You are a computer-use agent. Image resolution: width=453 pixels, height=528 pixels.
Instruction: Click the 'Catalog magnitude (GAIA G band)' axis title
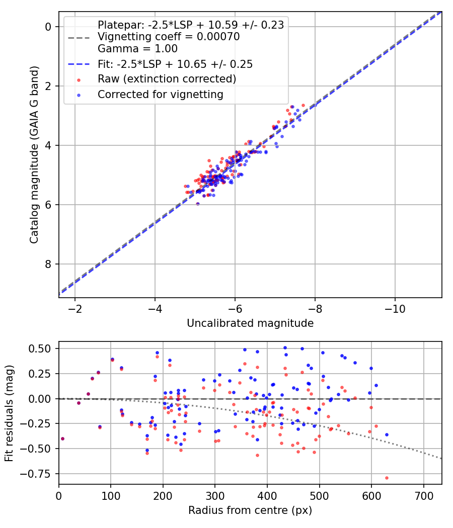click(34, 155)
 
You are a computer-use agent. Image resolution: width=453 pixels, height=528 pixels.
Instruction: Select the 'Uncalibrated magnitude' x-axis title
click(250, 323)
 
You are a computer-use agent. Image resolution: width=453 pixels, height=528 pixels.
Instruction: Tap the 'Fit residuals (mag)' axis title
click(9, 413)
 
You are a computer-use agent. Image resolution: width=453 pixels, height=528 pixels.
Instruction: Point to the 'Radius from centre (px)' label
click(250, 510)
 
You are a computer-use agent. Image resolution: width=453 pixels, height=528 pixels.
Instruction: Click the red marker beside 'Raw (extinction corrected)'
click(79, 80)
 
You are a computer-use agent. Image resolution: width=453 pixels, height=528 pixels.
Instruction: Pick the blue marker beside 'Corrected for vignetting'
click(79, 96)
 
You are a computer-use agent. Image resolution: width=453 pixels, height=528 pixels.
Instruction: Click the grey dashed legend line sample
click(79, 37)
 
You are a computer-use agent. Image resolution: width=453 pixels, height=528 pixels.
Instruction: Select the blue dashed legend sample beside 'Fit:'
click(79, 64)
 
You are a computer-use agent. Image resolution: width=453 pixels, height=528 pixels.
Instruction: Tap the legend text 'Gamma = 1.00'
click(137, 49)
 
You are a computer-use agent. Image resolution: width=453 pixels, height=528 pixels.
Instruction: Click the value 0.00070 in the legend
click(218, 36)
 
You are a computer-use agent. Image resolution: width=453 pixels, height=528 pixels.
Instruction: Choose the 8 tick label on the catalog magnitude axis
click(48, 265)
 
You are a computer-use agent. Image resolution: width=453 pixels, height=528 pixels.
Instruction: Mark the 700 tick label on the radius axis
click(423, 496)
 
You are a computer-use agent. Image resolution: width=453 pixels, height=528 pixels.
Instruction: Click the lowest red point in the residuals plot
click(387, 478)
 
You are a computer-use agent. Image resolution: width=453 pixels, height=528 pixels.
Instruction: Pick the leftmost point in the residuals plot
click(62, 439)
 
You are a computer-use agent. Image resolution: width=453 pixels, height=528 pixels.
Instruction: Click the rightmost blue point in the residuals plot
click(387, 435)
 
